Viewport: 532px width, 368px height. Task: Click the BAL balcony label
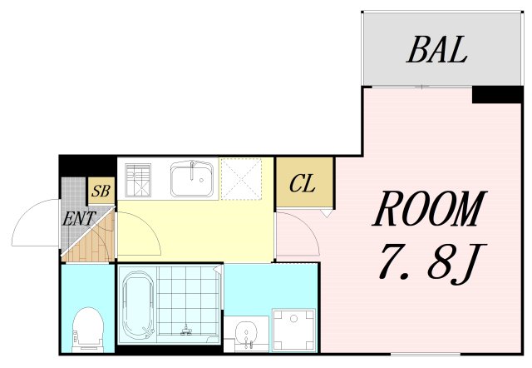tap(437, 50)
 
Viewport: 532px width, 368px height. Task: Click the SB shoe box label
tap(101, 191)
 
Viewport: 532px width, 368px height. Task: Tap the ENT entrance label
tap(80, 218)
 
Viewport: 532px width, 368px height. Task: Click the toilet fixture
tap(88, 330)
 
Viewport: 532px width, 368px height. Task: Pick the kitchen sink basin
tap(192, 179)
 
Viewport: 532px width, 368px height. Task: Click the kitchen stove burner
tap(138, 180)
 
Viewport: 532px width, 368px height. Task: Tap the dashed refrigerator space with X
tap(241, 179)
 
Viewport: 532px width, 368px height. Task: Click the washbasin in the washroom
tap(247, 333)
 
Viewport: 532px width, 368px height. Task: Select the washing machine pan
tap(294, 330)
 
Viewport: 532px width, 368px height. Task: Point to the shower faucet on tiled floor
tap(185, 330)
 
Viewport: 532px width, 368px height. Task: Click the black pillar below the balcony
tap(497, 94)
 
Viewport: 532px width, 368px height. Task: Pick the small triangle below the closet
tap(326, 213)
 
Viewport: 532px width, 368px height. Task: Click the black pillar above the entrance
tap(87, 167)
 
